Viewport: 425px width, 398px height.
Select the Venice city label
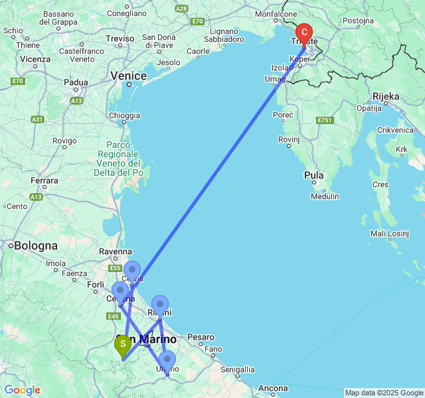(x=128, y=76)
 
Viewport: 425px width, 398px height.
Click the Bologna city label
(x=35, y=246)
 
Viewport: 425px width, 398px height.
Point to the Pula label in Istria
(x=313, y=176)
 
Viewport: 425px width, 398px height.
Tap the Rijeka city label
(x=386, y=96)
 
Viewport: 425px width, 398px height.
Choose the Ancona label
(x=272, y=388)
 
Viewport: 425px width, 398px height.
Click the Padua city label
(x=76, y=83)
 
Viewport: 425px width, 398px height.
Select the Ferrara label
(x=44, y=180)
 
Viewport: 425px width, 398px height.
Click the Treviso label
(x=120, y=39)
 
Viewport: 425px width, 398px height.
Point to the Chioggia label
(x=124, y=115)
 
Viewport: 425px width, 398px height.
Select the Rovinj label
(x=290, y=139)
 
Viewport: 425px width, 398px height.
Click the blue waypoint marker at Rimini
(x=160, y=305)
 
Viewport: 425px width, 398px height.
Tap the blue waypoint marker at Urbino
(x=167, y=360)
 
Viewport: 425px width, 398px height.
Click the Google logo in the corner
(x=22, y=390)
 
